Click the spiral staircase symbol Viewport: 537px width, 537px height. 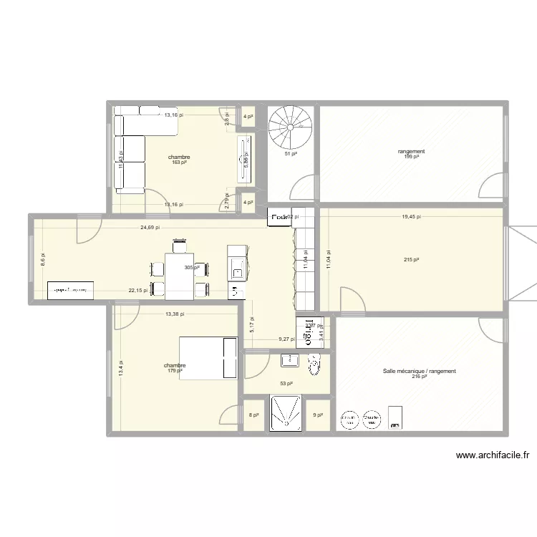(290, 127)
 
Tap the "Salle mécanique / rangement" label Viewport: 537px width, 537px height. (419, 371)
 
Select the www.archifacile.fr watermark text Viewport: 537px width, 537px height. (492, 455)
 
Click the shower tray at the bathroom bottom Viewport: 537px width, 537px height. (290, 414)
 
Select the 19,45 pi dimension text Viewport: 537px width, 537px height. (411, 216)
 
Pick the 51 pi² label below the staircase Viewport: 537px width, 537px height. (291, 153)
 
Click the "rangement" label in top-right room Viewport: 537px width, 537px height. (412, 151)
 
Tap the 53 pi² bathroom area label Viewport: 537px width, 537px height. (286, 383)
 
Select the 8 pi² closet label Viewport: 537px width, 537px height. (254, 415)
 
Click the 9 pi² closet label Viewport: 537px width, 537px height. (317, 415)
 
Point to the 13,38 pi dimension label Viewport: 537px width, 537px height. (175, 314)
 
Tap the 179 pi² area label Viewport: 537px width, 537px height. (175, 371)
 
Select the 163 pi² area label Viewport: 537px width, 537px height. (179, 163)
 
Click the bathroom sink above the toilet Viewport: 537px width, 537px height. (290, 359)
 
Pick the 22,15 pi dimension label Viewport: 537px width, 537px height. (140, 291)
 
